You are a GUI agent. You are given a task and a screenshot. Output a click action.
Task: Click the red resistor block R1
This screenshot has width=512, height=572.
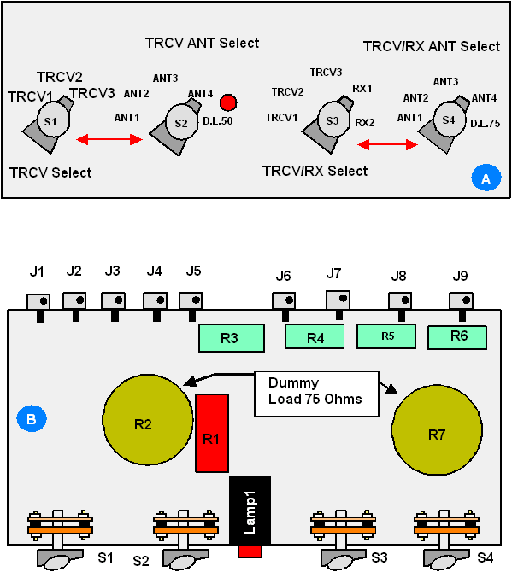212,433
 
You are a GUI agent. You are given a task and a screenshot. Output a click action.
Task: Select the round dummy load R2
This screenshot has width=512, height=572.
148,420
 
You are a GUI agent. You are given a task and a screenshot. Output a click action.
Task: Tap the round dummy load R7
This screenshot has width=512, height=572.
437,429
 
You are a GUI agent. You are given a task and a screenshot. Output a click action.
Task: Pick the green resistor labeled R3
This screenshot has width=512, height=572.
232,338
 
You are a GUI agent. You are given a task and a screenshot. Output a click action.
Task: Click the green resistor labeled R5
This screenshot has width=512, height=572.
386,336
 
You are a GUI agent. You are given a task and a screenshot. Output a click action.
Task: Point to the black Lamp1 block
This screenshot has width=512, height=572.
250,511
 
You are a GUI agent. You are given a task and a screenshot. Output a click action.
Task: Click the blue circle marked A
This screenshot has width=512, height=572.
486,178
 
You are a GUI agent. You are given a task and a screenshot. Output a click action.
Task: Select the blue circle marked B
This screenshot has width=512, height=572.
32,418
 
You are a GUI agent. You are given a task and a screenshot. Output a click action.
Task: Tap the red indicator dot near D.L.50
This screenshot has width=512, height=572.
228,102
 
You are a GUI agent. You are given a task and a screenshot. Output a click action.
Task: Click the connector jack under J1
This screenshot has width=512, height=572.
38,301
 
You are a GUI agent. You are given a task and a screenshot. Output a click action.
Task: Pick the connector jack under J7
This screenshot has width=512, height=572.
338,300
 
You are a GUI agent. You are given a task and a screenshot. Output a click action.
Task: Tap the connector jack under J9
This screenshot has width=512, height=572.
462,301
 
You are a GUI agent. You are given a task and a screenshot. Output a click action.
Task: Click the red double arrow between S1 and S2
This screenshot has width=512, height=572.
109,139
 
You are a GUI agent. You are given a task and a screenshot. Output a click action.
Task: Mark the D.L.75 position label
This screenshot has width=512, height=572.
485,124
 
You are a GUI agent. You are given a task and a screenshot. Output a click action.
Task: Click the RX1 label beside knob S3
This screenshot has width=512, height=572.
362,89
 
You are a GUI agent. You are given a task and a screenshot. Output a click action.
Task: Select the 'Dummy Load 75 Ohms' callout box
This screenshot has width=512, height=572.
316,394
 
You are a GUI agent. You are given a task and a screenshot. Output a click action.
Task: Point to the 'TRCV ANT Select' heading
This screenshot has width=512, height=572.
203,43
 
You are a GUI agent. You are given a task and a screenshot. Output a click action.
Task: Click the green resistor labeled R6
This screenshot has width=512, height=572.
457,338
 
